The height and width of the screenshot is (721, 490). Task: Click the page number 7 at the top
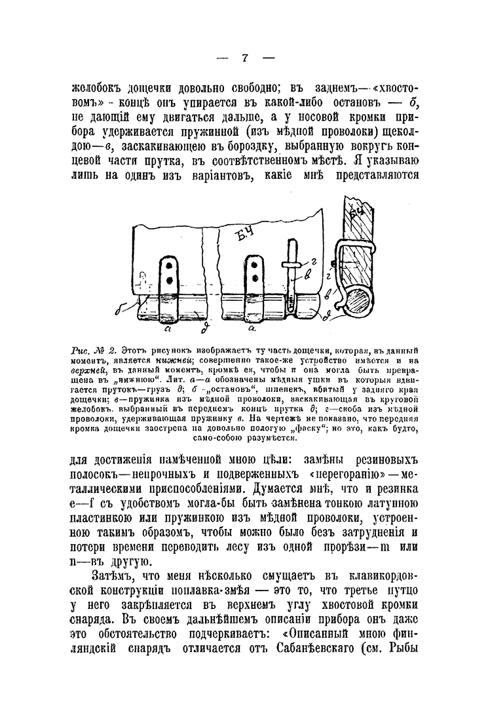coord(244,58)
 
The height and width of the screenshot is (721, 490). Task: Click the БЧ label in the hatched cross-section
coord(358,214)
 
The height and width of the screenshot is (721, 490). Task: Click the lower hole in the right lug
coord(253,280)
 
